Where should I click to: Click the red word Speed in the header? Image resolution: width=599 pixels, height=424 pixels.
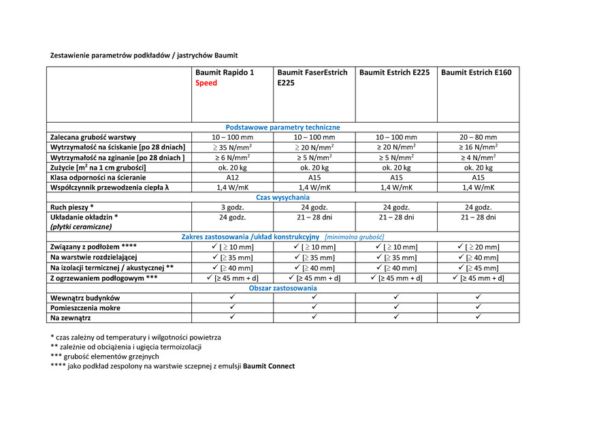point(206,83)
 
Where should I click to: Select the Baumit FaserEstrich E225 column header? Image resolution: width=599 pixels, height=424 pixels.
point(312,77)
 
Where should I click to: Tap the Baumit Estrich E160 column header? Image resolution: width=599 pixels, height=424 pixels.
point(476,72)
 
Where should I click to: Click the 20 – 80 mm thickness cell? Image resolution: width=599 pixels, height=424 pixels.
point(478,137)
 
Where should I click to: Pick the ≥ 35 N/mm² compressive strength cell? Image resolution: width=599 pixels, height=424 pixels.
point(232,147)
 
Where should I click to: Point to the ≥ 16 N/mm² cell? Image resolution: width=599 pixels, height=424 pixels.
point(478,147)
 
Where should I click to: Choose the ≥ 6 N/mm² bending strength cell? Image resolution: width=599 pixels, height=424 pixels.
point(232,157)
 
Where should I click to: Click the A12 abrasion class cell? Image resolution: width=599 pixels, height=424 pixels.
point(232,177)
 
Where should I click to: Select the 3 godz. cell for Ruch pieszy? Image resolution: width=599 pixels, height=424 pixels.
point(232,207)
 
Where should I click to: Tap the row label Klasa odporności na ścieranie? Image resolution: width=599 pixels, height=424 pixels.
point(99,177)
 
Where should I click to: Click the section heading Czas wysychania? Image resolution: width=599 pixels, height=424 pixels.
point(282,197)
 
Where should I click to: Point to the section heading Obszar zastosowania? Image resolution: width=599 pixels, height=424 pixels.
point(282,288)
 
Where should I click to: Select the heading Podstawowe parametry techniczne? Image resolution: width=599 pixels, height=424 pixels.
point(282,127)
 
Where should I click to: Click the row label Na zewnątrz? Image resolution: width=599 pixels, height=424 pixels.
point(70,318)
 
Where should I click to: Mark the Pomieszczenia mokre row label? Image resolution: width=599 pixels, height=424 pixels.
point(86,308)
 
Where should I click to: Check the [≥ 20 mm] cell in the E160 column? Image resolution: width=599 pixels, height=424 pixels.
point(478,247)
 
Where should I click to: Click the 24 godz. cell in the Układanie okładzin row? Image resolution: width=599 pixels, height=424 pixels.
point(232,217)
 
